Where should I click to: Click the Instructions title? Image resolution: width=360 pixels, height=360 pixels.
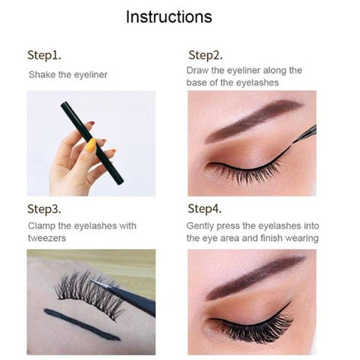[169, 16]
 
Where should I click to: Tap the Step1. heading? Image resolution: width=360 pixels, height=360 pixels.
[44, 55]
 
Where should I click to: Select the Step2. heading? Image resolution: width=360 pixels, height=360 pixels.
[205, 55]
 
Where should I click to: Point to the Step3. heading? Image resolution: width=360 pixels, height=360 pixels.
[44, 208]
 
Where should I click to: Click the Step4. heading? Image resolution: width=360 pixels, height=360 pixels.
[205, 208]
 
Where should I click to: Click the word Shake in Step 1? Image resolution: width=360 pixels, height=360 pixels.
[42, 74]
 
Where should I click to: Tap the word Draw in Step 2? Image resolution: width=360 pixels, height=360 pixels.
[197, 70]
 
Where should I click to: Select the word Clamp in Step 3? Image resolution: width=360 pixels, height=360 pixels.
[41, 226]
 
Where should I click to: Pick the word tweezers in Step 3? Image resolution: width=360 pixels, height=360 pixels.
[47, 238]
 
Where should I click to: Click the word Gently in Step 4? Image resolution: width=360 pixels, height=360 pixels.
[200, 226]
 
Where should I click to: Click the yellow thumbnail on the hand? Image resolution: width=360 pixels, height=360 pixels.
[91, 145]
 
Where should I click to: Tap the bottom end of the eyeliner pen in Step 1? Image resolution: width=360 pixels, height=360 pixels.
[120, 181]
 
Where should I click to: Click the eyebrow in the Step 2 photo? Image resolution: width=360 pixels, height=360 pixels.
[253, 121]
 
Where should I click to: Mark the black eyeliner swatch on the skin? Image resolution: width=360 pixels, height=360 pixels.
[81, 325]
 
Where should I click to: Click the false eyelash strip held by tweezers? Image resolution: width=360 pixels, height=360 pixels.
[90, 294]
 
